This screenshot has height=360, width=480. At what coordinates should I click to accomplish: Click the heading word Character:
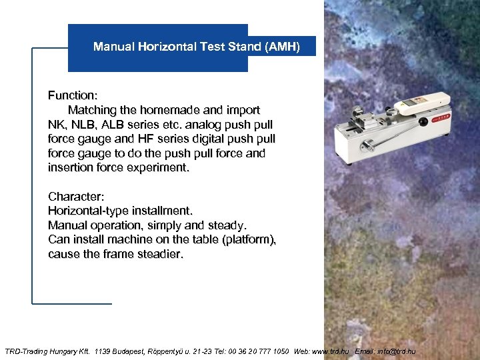click(x=75, y=196)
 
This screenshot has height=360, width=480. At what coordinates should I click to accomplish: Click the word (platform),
click(x=249, y=239)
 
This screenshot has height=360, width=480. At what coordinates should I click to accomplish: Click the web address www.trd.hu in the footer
click(x=330, y=351)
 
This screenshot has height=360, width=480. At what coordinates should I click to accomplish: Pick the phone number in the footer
click(x=256, y=351)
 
